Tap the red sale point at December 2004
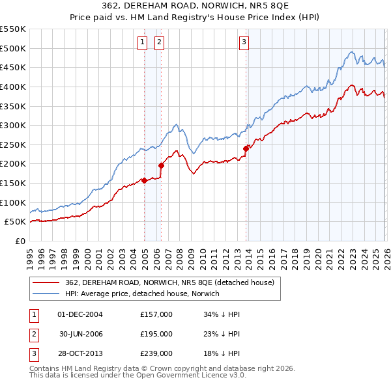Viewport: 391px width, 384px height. coord(144,180)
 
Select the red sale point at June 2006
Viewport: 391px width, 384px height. coord(162,165)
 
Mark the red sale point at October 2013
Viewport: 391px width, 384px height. coord(246,148)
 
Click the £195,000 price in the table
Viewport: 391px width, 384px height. coord(156,334)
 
